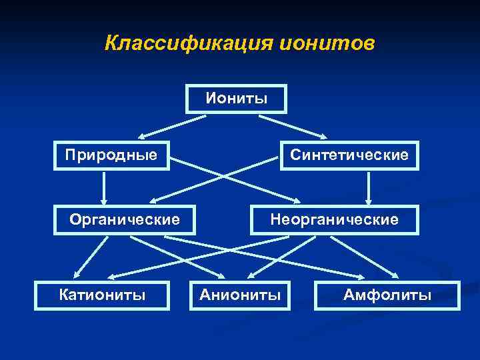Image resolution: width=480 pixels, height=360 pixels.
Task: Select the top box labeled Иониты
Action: (x=237, y=99)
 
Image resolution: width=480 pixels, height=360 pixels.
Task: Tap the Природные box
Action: (x=111, y=155)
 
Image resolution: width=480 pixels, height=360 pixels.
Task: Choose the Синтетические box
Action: (x=349, y=155)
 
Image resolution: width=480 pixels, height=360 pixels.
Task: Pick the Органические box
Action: (x=125, y=219)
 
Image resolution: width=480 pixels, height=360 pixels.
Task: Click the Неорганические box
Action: (x=334, y=219)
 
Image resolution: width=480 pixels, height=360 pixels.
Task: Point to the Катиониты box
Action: (x=102, y=295)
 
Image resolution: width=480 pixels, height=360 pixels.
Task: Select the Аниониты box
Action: (x=240, y=295)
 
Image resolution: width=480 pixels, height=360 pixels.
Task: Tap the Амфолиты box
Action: (x=387, y=295)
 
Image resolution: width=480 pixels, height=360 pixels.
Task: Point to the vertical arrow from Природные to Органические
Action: (x=103, y=187)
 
